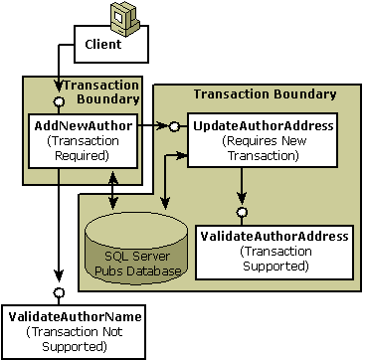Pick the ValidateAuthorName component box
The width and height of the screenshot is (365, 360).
coord(58,329)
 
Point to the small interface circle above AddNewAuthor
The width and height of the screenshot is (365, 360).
coord(60,101)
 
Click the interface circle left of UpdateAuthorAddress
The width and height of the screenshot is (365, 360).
coord(174,126)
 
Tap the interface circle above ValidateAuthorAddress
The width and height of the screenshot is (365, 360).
coord(241,212)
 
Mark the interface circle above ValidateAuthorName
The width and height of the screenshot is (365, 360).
coord(59,293)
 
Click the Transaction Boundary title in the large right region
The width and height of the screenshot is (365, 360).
coord(264,94)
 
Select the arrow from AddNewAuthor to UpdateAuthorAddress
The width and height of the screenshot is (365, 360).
coord(155,126)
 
